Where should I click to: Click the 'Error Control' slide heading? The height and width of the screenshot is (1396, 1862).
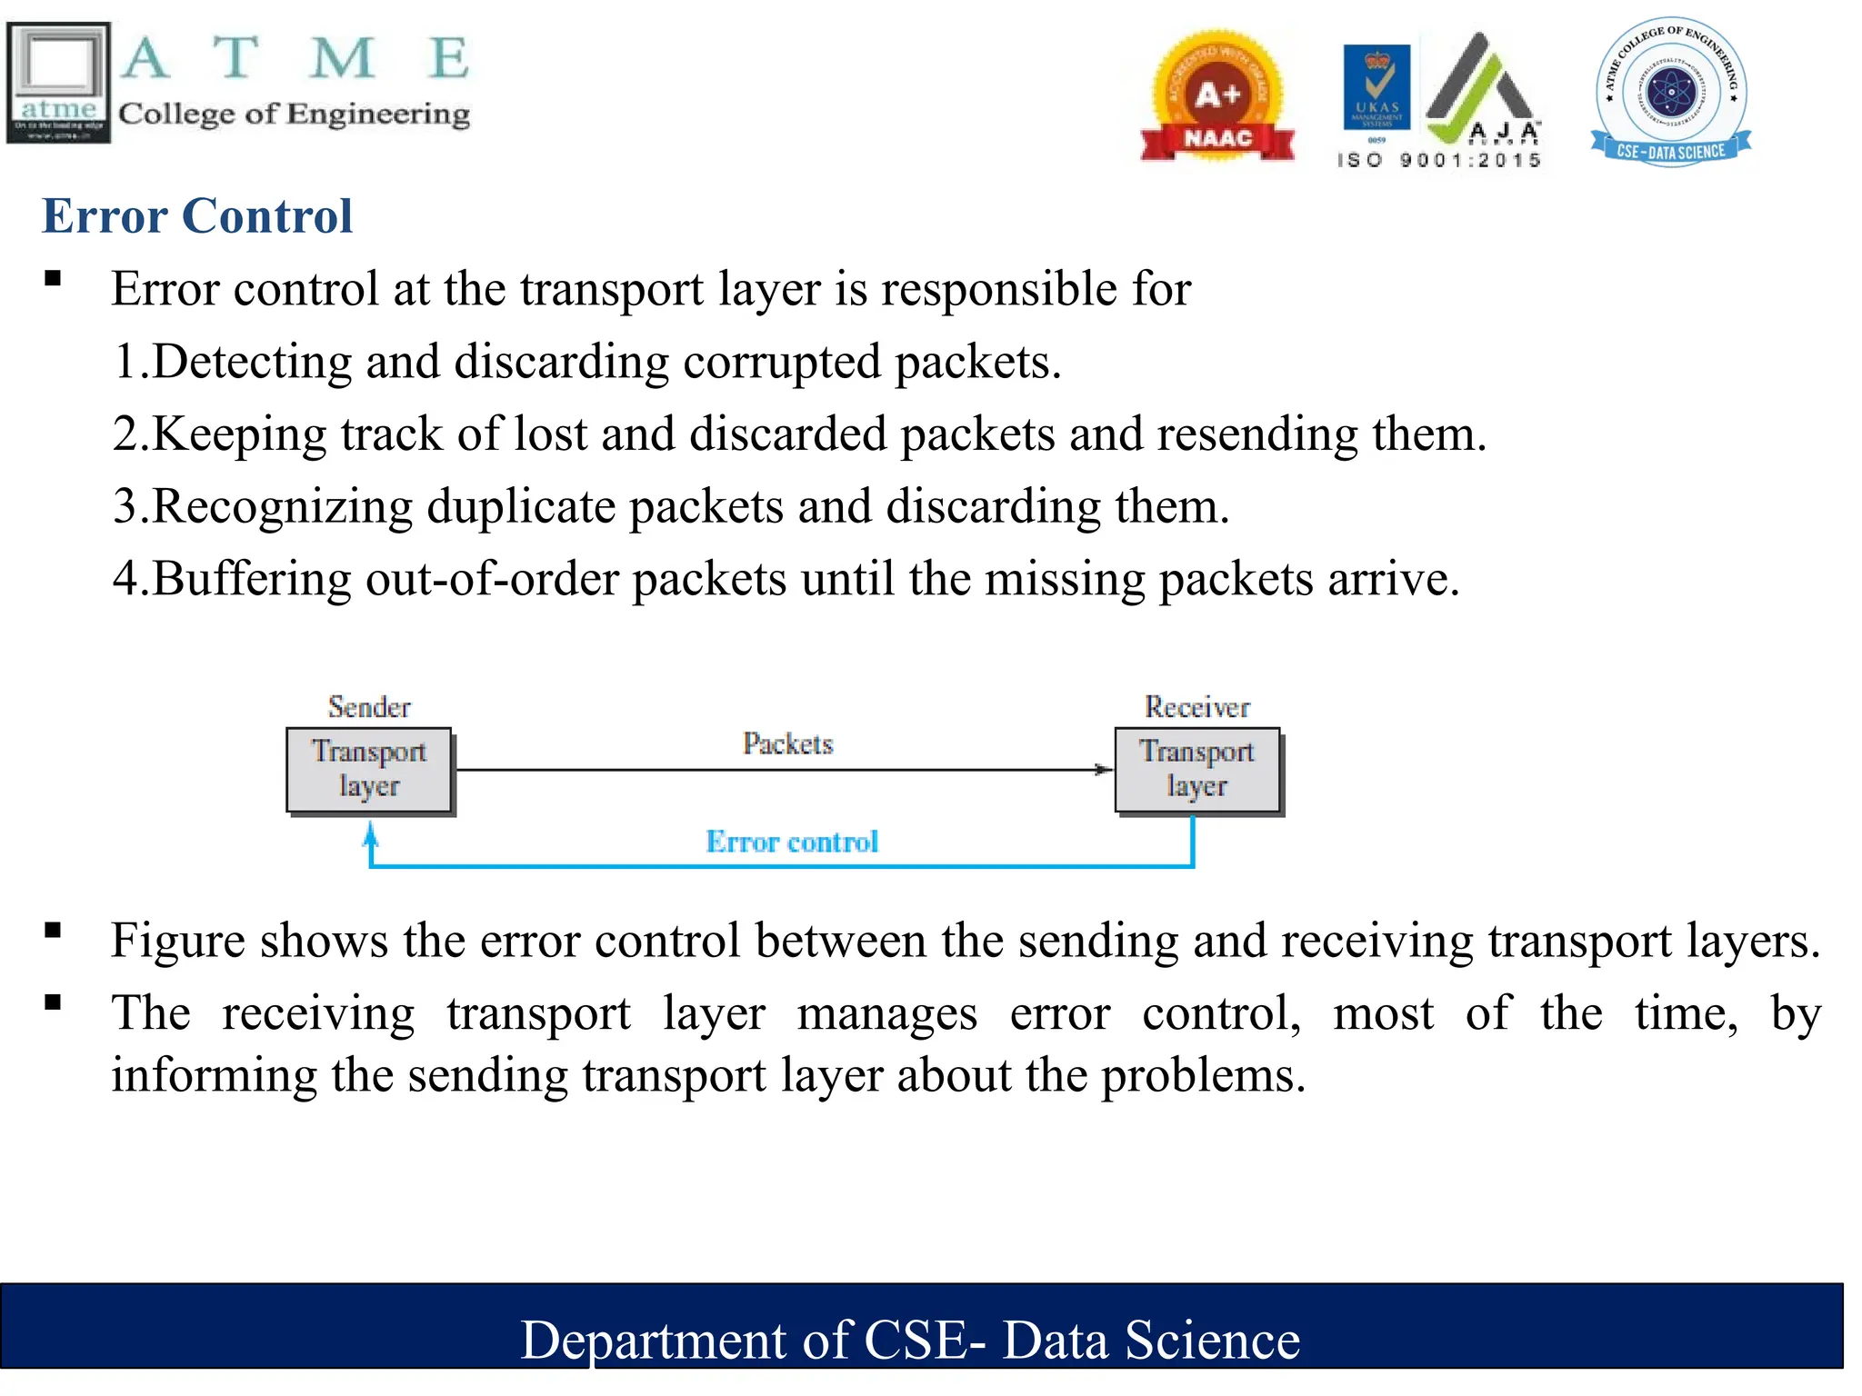tap(196, 216)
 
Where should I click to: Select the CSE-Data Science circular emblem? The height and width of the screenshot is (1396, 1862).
tap(1671, 93)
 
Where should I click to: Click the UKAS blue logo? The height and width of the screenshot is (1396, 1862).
tap(1376, 87)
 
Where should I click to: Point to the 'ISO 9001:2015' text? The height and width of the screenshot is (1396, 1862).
tap(1438, 161)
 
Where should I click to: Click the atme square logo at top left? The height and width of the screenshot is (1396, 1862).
tap(58, 82)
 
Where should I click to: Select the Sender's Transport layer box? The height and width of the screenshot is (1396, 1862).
tap(369, 770)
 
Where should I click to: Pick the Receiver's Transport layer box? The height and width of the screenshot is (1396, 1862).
tap(1197, 770)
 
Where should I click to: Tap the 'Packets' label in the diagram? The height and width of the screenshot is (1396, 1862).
tap(787, 743)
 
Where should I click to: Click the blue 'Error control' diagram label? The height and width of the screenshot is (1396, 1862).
tap(792, 842)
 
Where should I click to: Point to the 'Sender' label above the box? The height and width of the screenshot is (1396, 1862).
tap(369, 706)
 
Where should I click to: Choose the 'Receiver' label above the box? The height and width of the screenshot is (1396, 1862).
tap(1196, 706)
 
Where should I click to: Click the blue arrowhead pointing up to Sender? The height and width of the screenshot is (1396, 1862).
tap(370, 833)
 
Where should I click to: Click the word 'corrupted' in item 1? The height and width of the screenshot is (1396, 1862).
tap(782, 362)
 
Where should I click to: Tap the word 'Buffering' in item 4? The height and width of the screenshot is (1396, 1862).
tap(252, 579)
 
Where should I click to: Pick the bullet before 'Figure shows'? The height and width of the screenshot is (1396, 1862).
tap(53, 930)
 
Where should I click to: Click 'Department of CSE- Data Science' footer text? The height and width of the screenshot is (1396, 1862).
tap(910, 1340)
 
